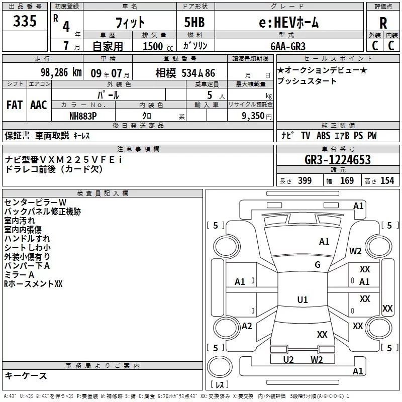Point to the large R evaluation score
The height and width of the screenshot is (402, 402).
click(x=383, y=23)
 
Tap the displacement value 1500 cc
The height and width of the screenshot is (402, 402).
click(x=154, y=46)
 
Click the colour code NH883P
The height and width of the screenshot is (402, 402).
click(x=83, y=116)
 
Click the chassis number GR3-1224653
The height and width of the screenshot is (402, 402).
click(x=338, y=160)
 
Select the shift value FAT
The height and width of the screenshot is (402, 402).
click(x=14, y=105)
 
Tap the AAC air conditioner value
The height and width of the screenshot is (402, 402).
click(x=39, y=105)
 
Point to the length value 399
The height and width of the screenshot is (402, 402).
click(x=305, y=181)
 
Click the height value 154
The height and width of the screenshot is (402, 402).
click(x=387, y=181)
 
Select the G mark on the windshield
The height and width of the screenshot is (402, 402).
click(x=318, y=265)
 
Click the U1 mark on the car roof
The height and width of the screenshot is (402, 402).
click(x=302, y=300)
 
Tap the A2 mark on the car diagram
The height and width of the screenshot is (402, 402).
click(x=247, y=326)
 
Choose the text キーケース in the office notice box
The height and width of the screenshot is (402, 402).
click(x=26, y=376)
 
